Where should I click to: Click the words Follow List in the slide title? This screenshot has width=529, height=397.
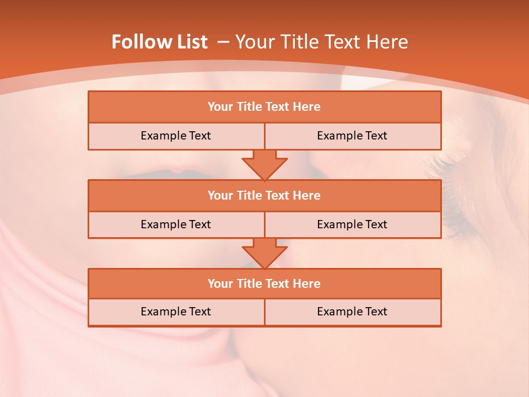pos(159,42)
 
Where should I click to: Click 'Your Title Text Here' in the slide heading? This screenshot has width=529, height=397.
pos(321,42)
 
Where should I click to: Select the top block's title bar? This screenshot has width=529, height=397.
pos(264,107)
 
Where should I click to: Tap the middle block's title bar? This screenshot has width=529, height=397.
pos(264,196)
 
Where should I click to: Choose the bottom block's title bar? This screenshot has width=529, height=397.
pos(264,284)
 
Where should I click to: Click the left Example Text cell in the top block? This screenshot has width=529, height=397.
pos(176,136)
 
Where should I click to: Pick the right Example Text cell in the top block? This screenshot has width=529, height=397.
pos(352,136)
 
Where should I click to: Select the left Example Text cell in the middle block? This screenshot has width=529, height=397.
pos(176,225)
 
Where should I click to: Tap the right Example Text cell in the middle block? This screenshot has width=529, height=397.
pos(352,225)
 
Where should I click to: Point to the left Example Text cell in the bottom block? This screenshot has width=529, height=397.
pos(176,312)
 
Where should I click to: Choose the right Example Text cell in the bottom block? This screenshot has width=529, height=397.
pos(352,312)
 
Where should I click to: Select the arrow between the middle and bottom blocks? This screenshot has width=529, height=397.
pos(264,253)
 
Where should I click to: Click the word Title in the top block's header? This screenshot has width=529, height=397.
pos(249,107)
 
